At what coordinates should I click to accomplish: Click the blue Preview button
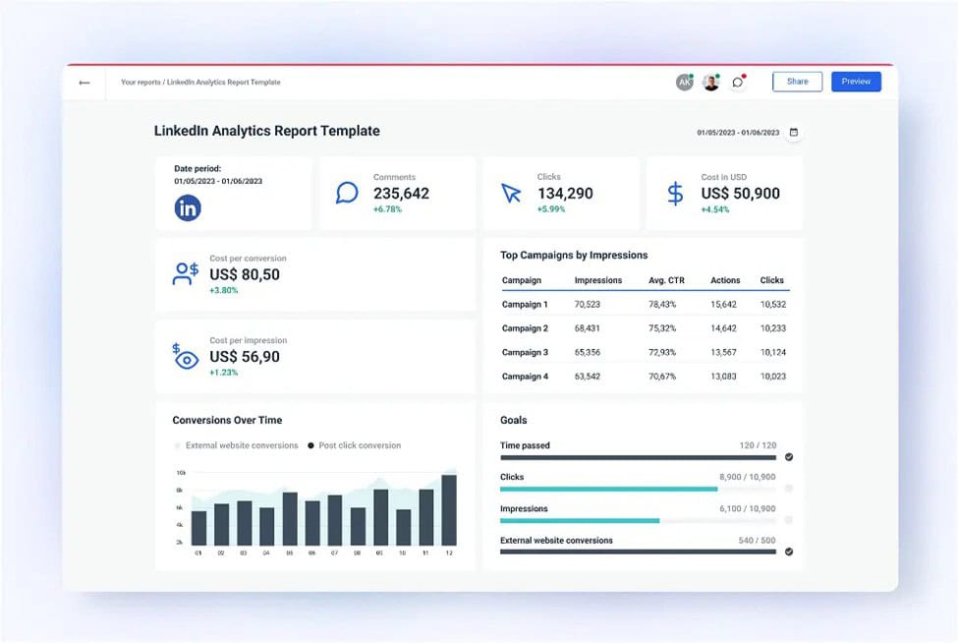856,82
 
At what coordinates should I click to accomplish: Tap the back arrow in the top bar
85,83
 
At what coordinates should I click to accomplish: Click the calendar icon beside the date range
794,132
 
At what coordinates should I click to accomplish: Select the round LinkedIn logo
188,207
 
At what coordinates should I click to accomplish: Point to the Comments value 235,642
402,193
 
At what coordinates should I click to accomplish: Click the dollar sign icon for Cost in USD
675,193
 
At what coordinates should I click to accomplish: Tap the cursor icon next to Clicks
511,193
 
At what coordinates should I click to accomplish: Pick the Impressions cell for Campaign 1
588,305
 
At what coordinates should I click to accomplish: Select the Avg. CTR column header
666,280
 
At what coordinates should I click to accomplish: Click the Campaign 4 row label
525,377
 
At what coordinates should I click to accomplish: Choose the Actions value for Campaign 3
723,352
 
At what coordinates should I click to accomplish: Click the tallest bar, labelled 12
449,510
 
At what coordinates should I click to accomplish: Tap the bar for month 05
290,519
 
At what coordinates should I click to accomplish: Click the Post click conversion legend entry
355,445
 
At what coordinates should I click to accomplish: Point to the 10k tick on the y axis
181,473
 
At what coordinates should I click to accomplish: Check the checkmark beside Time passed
789,457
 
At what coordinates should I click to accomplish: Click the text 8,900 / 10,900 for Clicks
747,477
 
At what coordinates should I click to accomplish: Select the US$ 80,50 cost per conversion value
245,274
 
